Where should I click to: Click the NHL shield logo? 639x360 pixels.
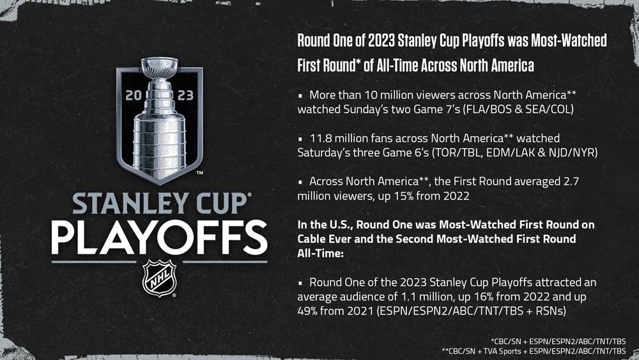159,278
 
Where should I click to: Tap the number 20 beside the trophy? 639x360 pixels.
134,95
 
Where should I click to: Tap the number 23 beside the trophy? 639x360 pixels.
185,95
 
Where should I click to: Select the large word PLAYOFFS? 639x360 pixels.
159,238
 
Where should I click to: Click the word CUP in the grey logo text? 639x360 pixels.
217,203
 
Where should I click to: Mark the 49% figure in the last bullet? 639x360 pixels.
307,311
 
